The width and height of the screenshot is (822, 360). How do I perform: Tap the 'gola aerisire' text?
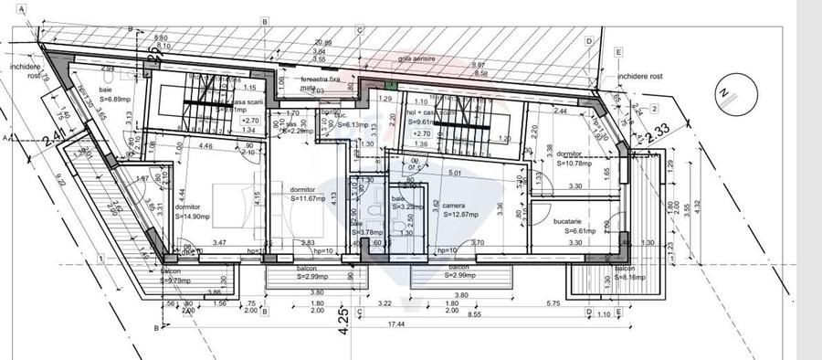coord(418,58)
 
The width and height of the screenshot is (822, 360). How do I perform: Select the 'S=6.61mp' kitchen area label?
coord(575,232)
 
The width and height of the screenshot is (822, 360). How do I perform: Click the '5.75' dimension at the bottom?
coord(553,302)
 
